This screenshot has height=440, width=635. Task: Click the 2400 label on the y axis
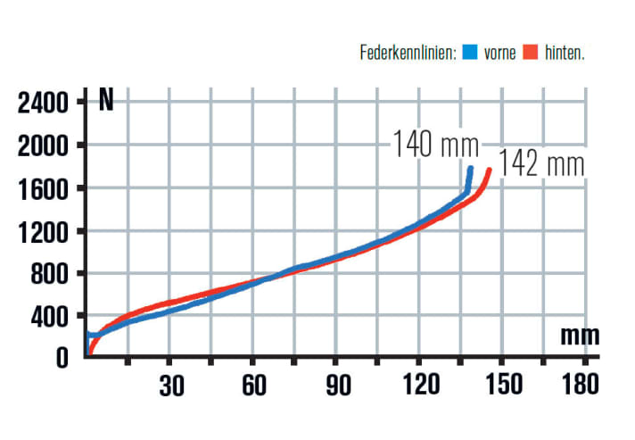pos(43,103)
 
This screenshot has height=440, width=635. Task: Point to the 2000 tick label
pos(43,145)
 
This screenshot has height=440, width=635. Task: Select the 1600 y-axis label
pos(43,188)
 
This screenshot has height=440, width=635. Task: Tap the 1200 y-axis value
pos(43,231)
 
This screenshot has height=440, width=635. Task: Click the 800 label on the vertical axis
pos(50,274)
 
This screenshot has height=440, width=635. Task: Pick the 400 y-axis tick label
pos(50,317)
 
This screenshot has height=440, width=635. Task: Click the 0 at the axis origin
pos(62,358)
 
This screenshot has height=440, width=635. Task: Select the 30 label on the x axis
pos(171,386)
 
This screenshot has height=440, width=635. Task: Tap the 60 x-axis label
pos(253,386)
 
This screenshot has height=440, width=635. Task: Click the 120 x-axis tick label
pos(418,386)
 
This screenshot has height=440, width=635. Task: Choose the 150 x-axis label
pos(501,386)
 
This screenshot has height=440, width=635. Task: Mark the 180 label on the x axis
pos(584,386)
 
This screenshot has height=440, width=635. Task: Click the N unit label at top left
pos(105,100)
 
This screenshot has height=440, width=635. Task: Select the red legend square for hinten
pos(532,54)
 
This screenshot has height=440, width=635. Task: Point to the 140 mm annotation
pos(435,143)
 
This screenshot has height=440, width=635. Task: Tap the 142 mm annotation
pos(541,165)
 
